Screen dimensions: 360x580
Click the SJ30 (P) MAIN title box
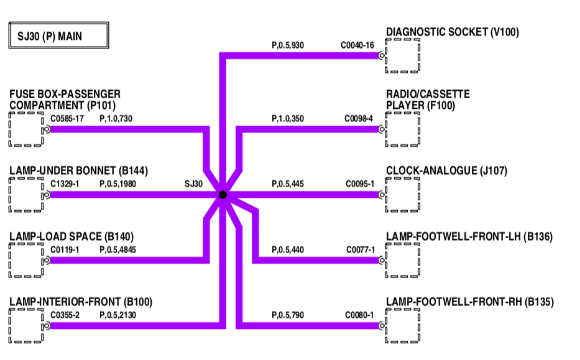click(x=59, y=37)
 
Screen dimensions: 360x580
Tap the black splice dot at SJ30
click(x=222, y=195)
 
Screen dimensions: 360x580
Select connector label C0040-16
click(x=357, y=45)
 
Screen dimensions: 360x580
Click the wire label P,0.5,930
click(x=288, y=45)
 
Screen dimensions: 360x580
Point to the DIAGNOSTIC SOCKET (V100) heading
click(x=452, y=32)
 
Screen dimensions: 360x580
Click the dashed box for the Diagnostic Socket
click(x=402, y=56)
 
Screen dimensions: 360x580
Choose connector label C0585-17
click(x=67, y=118)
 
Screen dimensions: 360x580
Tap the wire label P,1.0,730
click(x=116, y=118)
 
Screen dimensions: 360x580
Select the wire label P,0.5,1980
click(x=117, y=184)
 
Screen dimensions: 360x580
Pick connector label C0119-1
click(x=65, y=250)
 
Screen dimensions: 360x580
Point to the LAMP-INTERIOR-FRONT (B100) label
click(x=81, y=302)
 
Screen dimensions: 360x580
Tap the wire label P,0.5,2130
click(x=117, y=315)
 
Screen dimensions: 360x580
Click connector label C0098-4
click(x=359, y=118)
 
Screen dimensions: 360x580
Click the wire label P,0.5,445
click(x=288, y=184)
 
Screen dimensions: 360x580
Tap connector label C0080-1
click(x=359, y=315)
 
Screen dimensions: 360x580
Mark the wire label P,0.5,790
click(x=288, y=315)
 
